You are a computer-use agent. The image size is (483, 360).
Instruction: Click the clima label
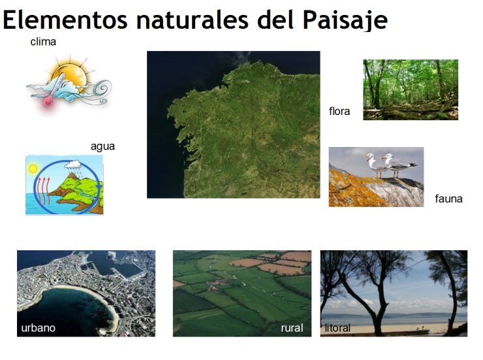click(43, 42)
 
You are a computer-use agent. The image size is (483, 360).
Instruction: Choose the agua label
click(102, 146)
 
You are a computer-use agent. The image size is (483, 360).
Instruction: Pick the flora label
click(339, 111)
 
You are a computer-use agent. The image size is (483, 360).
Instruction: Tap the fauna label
click(448, 199)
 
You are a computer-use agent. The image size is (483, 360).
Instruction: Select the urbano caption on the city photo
click(38, 327)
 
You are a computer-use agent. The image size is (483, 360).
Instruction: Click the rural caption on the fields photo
click(292, 327)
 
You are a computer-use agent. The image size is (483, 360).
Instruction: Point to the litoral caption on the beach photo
click(337, 327)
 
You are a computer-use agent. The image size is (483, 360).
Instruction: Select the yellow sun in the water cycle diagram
click(33, 169)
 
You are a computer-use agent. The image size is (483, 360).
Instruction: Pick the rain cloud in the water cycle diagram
click(72, 165)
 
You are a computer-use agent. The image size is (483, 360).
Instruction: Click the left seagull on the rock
click(373, 165)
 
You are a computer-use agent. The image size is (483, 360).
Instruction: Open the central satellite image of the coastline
click(233, 124)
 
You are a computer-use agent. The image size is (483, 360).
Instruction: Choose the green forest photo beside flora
click(410, 90)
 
